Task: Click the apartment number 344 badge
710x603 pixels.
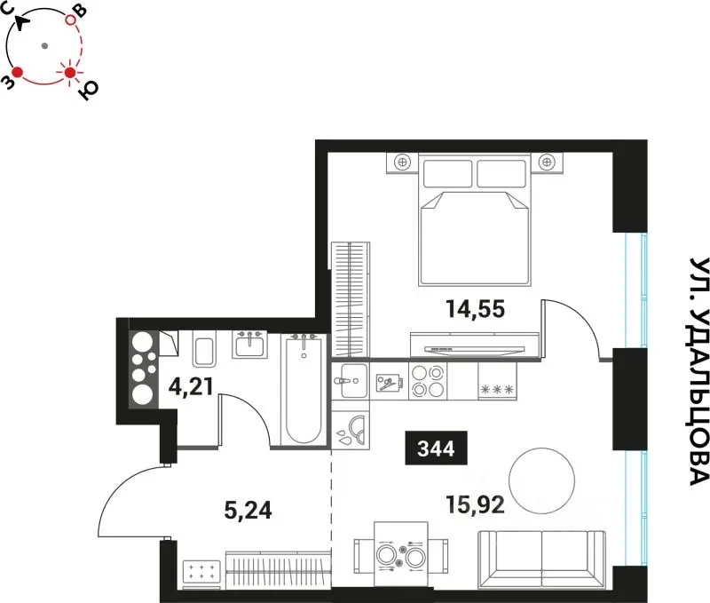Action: click(436, 448)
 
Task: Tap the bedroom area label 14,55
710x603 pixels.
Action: click(475, 309)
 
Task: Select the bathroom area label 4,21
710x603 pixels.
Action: click(191, 387)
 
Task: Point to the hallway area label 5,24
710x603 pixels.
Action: click(248, 510)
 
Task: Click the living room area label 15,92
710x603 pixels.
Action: click(475, 504)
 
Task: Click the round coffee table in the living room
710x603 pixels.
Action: click(541, 480)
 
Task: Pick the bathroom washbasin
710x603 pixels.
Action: click(250, 345)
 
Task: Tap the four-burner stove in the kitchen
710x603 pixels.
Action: click(428, 381)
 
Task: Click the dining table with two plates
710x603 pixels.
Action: click(401, 555)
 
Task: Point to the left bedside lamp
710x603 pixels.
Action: click(402, 162)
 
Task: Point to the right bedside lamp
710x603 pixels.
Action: click(547, 162)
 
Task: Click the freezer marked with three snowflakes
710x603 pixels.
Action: click(497, 381)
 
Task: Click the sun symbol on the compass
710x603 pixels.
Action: click(70, 73)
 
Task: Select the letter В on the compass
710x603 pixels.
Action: click(80, 10)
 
